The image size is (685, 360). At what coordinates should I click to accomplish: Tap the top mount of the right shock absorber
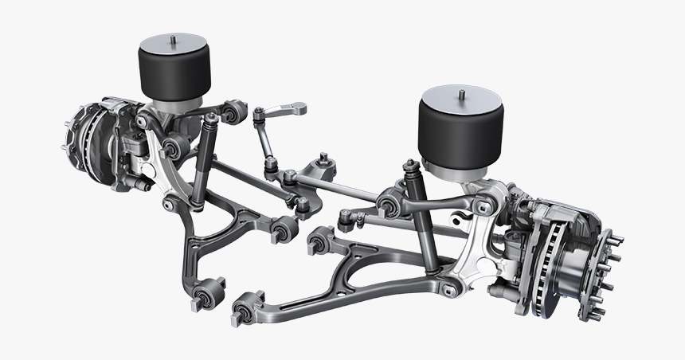411,167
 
